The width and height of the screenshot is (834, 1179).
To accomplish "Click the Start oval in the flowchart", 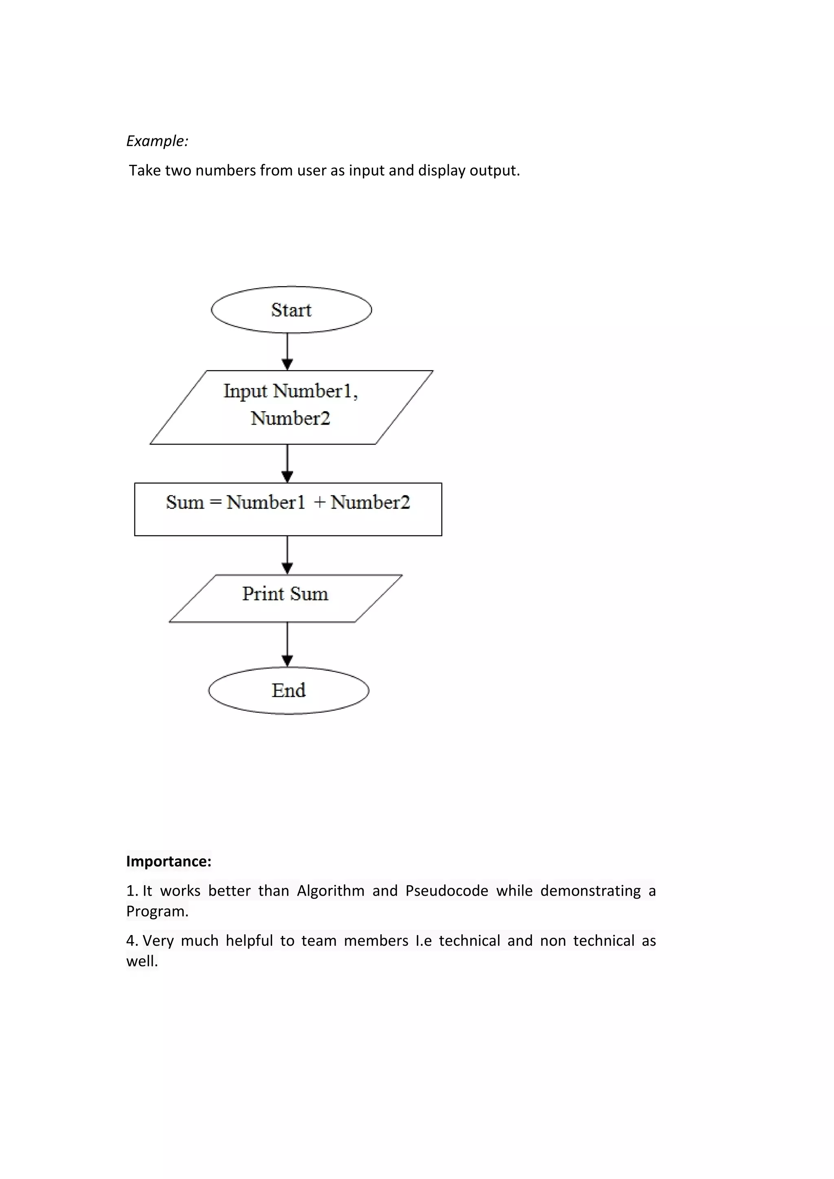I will click(x=291, y=310).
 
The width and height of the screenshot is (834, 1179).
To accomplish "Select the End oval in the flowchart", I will click(x=289, y=690).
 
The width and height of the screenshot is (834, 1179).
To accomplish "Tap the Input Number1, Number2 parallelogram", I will click(x=291, y=407).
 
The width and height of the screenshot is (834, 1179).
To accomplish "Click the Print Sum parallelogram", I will click(x=285, y=598).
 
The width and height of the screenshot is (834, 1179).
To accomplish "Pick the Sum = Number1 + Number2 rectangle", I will click(x=288, y=509).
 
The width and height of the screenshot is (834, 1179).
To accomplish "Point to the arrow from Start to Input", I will click(x=288, y=352).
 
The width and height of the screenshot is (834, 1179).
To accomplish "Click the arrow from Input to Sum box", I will click(x=288, y=464).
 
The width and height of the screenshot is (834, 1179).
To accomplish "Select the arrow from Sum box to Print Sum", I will click(x=288, y=555).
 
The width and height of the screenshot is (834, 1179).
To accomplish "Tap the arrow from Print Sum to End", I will click(x=288, y=644).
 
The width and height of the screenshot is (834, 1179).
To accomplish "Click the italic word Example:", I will click(x=157, y=141).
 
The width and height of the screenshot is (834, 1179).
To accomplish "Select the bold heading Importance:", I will click(x=169, y=861).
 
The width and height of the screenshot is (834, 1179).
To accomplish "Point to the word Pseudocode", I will click(x=446, y=891).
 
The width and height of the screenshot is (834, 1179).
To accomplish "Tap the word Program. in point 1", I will click(x=157, y=912).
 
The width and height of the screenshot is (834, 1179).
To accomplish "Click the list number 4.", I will click(x=132, y=941).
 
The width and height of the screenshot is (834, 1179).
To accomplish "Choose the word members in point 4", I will click(x=376, y=941).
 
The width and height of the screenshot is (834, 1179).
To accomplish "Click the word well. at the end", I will click(x=142, y=961).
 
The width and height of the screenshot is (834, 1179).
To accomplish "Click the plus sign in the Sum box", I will click(x=319, y=502).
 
